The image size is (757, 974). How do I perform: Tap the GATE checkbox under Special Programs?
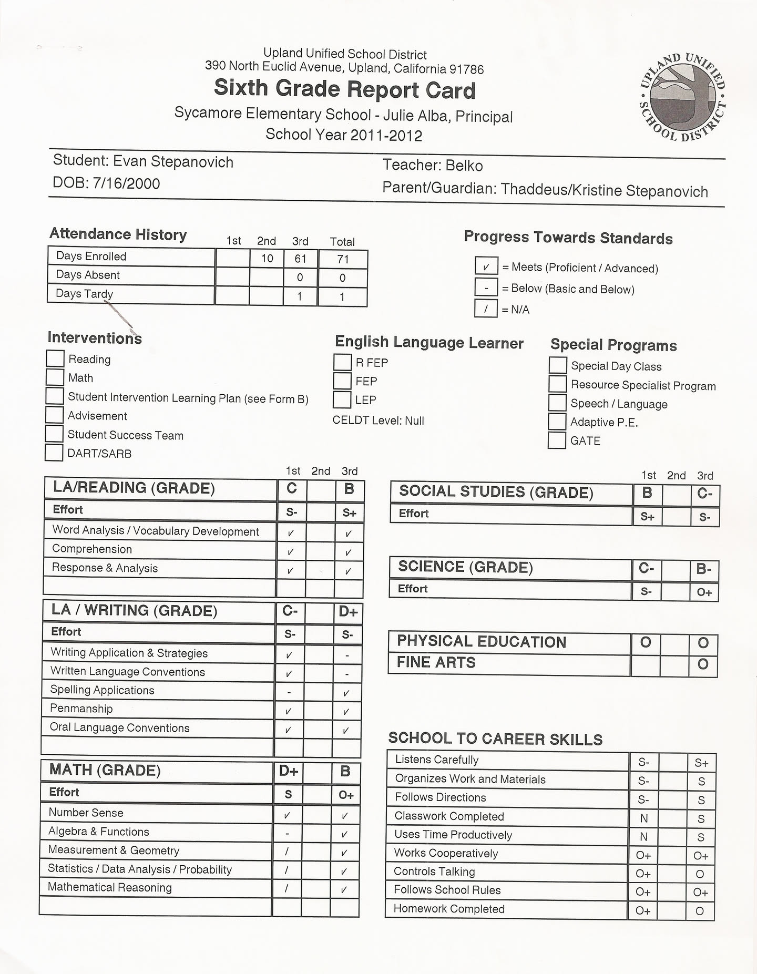coord(557,440)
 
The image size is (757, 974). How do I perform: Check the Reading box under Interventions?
coord(55,358)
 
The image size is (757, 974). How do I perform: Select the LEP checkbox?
coord(342,399)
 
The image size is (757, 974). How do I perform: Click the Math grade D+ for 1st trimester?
coord(288,771)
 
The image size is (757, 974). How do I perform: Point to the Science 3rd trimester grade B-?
coord(703,569)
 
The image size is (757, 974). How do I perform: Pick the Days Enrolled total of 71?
coord(343,259)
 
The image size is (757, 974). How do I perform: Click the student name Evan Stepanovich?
coord(173,161)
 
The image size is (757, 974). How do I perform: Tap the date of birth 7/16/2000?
coord(126,183)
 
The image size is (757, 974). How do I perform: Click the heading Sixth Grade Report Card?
coord(344,89)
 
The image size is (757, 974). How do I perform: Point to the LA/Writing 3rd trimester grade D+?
coord(348,611)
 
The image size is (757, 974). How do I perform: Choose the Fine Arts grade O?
coord(703,664)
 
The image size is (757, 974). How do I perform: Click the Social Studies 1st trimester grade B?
coord(647,493)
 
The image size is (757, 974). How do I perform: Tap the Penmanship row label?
coord(81,709)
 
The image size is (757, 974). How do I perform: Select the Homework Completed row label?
coord(449,909)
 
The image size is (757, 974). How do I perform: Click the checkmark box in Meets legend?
coord(486,266)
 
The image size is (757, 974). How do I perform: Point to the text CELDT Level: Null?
coord(378,421)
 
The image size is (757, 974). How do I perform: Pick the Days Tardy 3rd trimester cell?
coord(300,296)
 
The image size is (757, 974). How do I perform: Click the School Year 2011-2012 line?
coord(344,135)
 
